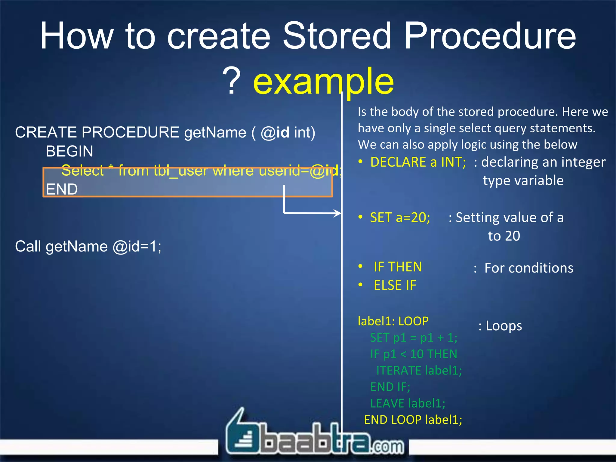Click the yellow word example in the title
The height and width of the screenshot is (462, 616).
pyautogui.click(x=323, y=81)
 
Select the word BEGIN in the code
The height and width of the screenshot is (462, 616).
pyautogui.click(x=69, y=151)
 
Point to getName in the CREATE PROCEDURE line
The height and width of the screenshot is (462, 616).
pyautogui.click(x=215, y=133)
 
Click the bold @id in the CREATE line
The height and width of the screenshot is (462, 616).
pyautogui.click(x=275, y=133)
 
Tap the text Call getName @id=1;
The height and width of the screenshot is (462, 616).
pyautogui.click(x=88, y=247)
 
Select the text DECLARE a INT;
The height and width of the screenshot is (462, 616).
pyautogui.click(x=418, y=162)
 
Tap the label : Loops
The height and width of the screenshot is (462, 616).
pyautogui.click(x=500, y=326)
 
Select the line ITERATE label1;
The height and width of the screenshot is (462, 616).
pyautogui.click(x=419, y=371)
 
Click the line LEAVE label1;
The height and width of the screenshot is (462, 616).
pyautogui.click(x=408, y=403)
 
